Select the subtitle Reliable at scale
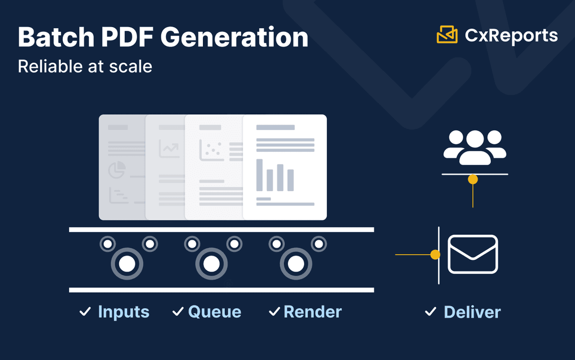pyautogui.click(x=85, y=67)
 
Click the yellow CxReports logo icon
pyautogui.click(x=447, y=35)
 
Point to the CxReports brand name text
pyautogui.click(x=511, y=35)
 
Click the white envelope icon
pyautogui.click(x=473, y=254)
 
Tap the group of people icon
pyautogui.click(x=475, y=146)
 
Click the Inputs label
pyautogui.click(x=124, y=312)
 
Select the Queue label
pyautogui.click(x=215, y=312)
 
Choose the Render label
pyautogui.click(x=313, y=312)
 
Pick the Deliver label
pyautogui.click(x=472, y=312)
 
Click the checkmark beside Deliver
pyautogui.click(x=430, y=312)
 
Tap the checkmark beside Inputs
pyautogui.click(x=85, y=312)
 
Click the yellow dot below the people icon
pyautogui.click(x=473, y=179)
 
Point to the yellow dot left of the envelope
pyautogui.click(x=435, y=255)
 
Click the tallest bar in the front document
pyautogui.click(x=259, y=175)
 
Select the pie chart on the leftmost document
pyautogui.click(x=117, y=170)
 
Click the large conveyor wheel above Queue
pyautogui.click(x=211, y=264)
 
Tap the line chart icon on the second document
pyautogui.click(x=169, y=149)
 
